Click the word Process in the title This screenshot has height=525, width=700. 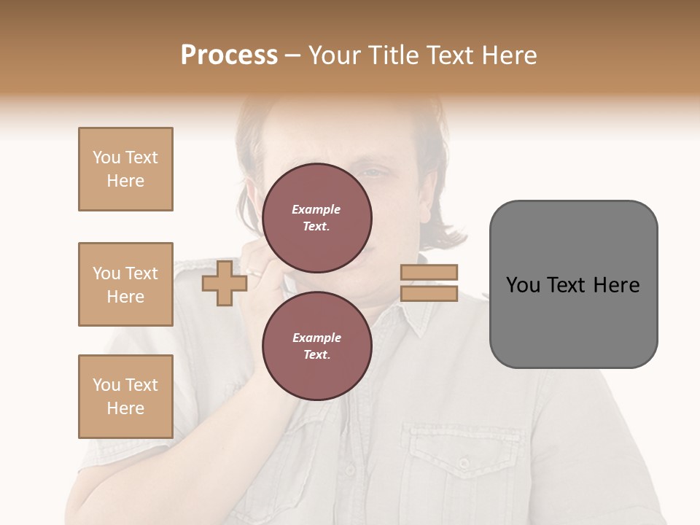pos(229,55)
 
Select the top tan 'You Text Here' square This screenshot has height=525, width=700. pos(125,169)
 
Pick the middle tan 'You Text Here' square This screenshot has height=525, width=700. pos(125,284)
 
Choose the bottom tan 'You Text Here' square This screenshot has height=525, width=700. pos(125,396)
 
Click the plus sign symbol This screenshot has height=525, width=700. pos(224,283)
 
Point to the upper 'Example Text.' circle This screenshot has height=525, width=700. pos(317,218)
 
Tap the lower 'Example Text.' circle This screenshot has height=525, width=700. pos(317,346)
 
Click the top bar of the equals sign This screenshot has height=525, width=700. pos(429,272)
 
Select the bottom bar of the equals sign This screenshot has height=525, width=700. pos(429,293)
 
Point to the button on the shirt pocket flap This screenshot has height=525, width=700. pos(464,462)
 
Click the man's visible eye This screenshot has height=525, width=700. pos(374,173)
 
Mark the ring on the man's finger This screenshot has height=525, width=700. pos(256,273)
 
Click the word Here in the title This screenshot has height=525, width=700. pos(508,55)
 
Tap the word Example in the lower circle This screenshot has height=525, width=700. pos(316,338)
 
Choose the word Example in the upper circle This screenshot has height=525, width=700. pos(316,209)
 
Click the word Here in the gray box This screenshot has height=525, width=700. pos(616,285)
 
